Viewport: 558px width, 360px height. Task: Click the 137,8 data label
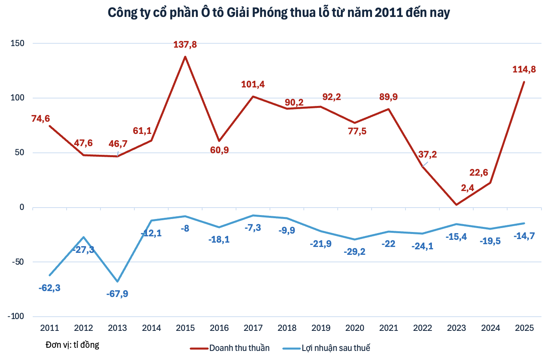click(x=185, y=45)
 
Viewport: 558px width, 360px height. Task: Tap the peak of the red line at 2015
click(x=185, y=57)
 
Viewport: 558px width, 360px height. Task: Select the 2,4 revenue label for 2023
click(x=467, y=188)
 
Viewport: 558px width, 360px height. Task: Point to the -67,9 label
click(x=117, y=294)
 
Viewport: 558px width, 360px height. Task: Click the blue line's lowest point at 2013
click(x=117, y=282)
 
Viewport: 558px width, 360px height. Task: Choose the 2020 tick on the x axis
click(x=355, y=328)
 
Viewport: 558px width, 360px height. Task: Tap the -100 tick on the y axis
click(x=16, y=316)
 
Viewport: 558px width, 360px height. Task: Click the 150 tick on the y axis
click(x=17, y=43)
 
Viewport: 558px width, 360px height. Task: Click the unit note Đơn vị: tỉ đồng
click(x=72, y=345)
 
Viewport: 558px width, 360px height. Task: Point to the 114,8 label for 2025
click(x=524, y=70)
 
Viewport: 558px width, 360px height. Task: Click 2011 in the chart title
click(x=389, y=13)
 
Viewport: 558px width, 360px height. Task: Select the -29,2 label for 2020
click(x=355, y=252)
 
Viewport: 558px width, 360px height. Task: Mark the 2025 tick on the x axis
click(x=524, y=328)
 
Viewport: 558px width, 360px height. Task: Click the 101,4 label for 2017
click(x=253, y=84)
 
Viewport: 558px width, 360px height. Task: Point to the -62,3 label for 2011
click(x=50, y=288)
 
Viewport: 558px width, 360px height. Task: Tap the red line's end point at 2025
click(x=524, y=82)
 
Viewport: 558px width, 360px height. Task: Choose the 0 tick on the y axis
click(x=22, y=207)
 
